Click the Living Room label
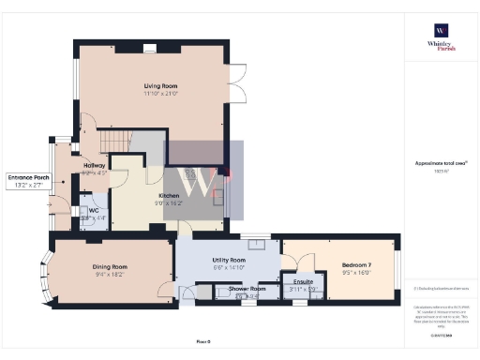[x=151, y=84]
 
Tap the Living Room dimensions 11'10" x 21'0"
[x=151, y=94]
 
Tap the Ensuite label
[x=303, y=281]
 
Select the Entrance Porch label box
[x=28, y=181]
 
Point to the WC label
[x=94, y=211]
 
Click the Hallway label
[x=94, y=165]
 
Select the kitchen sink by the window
[x=218, y=197]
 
